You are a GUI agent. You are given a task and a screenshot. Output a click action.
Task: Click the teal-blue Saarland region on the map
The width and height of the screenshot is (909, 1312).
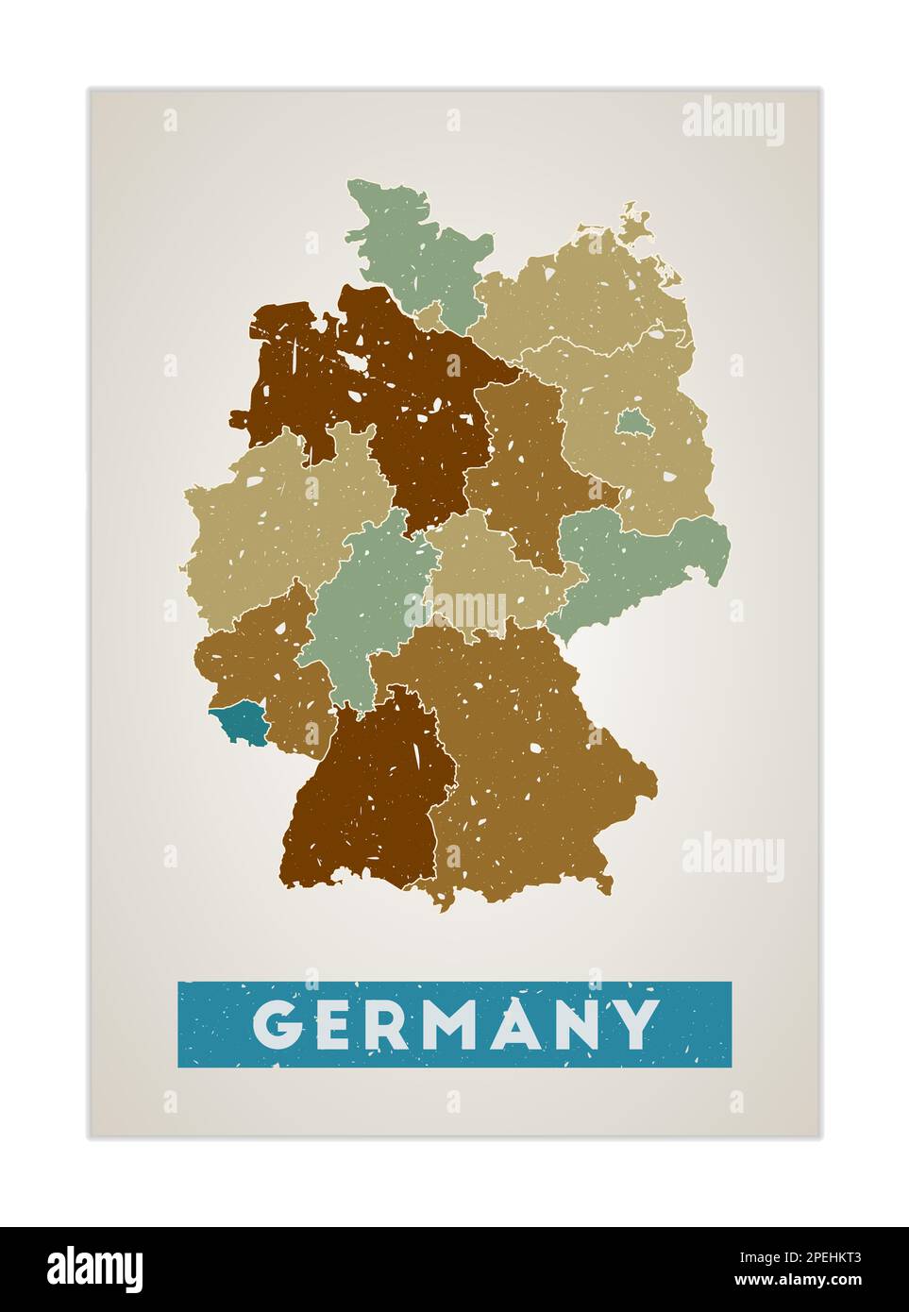(239, 725)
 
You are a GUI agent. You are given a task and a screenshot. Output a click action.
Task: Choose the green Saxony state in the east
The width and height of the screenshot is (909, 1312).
(642, 557)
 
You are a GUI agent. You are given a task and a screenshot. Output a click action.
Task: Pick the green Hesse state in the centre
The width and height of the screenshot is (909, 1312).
(363, 604)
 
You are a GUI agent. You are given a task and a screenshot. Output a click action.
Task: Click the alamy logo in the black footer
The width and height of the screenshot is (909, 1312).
(95, 1269)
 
